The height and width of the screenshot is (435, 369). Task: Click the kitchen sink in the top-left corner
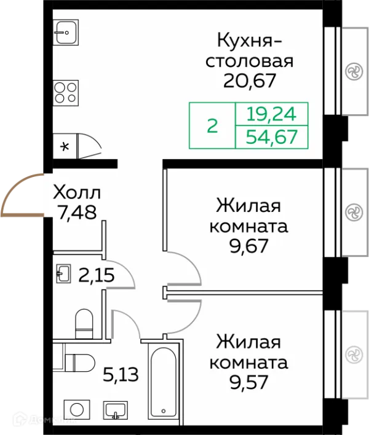[x=65, y=32]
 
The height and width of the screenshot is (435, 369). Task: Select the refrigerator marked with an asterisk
[x=64, y=146]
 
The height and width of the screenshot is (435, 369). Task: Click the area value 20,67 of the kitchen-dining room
[x=249, y=80]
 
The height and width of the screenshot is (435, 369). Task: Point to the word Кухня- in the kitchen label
[x=249, y=41]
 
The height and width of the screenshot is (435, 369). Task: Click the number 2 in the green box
[x=212, y=126]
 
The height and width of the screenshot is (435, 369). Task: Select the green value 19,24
[x=271, y=114]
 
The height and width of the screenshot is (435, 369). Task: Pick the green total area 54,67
[x=271, y=136]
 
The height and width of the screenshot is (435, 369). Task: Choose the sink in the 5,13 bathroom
[x=115, y=410]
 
